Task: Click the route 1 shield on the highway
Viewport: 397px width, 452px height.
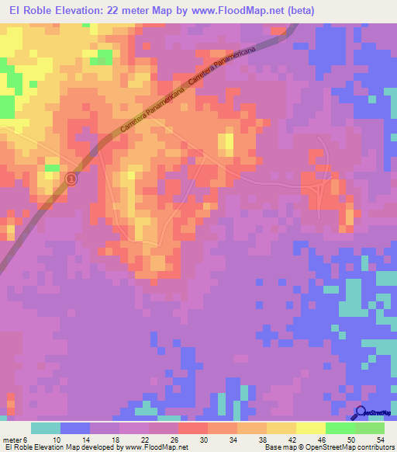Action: pyautogui.click(x=71, y=179)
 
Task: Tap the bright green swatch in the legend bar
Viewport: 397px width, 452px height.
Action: pyautogui.click(x=340, y=427)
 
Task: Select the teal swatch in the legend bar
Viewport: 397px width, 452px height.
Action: pyautogui.click(x=46, y=427)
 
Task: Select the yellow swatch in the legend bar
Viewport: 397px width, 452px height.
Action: pyautogui.click(x=281, y=427)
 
